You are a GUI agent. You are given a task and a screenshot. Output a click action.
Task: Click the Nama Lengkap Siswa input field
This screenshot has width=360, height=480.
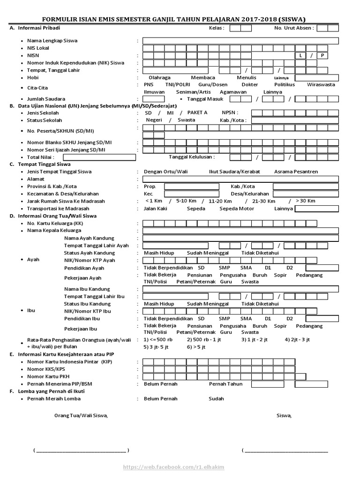(x=240, y=40)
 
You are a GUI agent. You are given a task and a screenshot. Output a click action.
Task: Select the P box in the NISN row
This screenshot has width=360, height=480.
(x=322, y=55)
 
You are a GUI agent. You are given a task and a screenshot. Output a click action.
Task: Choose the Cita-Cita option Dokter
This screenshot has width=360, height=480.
(x=249, y=84)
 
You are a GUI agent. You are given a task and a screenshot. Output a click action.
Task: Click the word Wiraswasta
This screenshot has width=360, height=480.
(x=321, y=84)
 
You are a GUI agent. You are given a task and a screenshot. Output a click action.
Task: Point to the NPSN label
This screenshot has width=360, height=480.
(x=230, y=112)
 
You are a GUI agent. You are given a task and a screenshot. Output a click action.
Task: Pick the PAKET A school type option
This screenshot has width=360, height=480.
(x=197, y=112)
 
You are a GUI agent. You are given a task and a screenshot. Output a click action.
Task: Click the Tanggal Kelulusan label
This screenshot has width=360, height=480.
(x=192, y=157)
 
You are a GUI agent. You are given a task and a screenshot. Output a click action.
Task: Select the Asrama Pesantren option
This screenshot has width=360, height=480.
(x=296, y=172)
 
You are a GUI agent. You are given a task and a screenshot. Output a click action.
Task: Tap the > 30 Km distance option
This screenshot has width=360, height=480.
(x=305, y=201)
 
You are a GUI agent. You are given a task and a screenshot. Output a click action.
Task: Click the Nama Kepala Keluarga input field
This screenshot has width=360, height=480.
(x=240, y=231)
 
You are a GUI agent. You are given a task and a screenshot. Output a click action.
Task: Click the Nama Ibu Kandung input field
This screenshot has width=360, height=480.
(x=240, y=289)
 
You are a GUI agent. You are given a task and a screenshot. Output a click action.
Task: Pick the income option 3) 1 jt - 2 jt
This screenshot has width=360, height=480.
(x=254, y=339)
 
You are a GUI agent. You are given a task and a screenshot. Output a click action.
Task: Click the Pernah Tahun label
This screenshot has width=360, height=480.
(x=225, y=384)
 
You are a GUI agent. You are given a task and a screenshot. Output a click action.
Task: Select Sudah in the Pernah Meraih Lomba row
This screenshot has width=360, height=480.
(x=216, y=398)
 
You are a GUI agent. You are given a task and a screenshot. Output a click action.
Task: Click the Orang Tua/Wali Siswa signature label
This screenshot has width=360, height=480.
(x=81, y=415)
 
